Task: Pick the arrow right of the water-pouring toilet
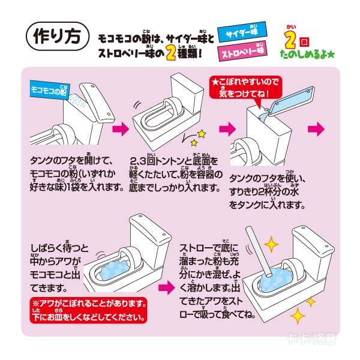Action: point(316,128)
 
